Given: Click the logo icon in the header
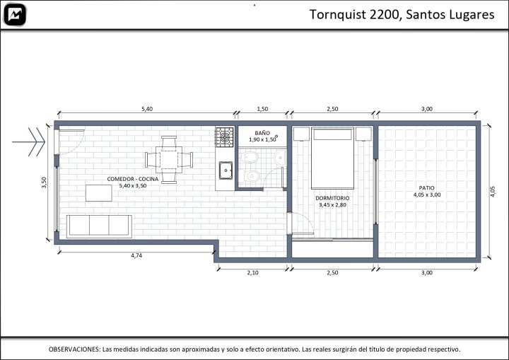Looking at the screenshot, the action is (x=15, y=15).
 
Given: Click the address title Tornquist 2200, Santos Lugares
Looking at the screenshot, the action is (x=402, y=15).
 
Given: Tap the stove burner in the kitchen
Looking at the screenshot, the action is (x=225, y=137).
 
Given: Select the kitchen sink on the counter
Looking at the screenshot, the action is (x=226, y=170).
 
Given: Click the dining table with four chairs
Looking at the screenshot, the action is (x=169, y=160).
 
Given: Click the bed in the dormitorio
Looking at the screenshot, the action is (x=332, y=158).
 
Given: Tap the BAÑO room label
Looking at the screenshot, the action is (x=262, y=133).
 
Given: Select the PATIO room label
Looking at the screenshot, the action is (x=426, y=188).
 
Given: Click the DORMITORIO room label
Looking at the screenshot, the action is (x=332, y=198).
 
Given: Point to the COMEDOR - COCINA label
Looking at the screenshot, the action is (x=133, y=179).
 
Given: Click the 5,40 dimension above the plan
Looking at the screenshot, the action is (x=147, y=109).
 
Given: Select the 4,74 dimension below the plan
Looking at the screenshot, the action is (x=136, y=255).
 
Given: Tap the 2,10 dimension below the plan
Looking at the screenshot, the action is (x=252, y=272).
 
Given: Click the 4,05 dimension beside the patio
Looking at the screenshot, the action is (x=493, y=192).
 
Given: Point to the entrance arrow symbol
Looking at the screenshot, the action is (x=28, y=142).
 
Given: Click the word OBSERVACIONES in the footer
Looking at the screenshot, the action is (x=74, y=349).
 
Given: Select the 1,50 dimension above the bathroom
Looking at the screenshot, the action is (x=262, y=109).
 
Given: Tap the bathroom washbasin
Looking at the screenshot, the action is (x=281, y=158).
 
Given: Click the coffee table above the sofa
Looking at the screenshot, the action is (x=99, y=193).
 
